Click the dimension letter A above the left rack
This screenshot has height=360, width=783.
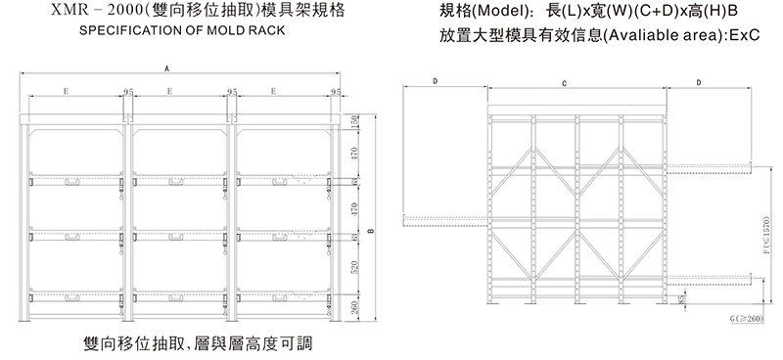(167, 69)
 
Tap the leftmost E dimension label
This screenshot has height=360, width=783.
(65, 91)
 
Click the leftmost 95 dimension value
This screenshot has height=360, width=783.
(127, 91)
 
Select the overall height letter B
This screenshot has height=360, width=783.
(370, 231)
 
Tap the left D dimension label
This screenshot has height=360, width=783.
(434, 84)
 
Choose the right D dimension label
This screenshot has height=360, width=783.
(697, 84)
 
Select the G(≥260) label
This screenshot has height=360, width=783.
(746, 319)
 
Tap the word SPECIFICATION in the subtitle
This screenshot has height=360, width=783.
(109, 30)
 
